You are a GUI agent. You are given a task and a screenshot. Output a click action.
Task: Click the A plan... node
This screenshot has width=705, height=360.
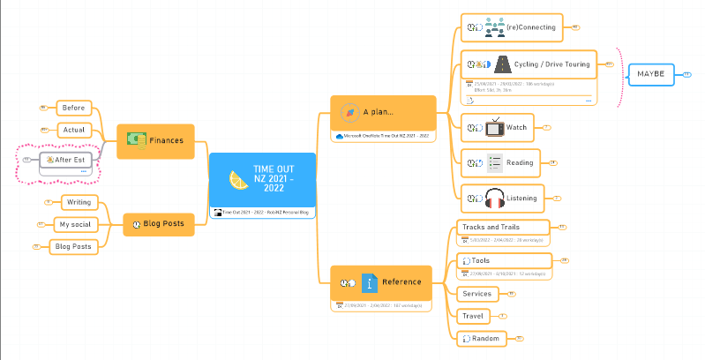pos(383,112)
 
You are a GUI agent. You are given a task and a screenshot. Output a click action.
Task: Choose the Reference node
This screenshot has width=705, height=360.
pos(381,282)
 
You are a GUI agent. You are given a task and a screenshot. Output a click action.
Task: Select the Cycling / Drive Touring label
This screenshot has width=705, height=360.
pos(551,64)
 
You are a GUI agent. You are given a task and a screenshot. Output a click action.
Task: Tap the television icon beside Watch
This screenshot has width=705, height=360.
pos(495,127)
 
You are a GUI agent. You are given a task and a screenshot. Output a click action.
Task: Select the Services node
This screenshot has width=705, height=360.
pos(477,293)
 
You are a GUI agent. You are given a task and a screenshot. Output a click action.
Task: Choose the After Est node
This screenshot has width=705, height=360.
pos(71,160)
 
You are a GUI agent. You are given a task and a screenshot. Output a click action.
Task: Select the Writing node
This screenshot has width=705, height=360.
pos(79,202)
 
